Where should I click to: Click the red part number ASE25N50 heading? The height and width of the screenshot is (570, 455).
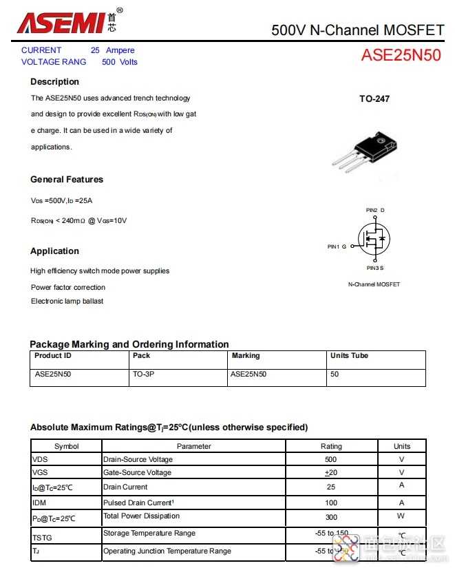tap(401, 56)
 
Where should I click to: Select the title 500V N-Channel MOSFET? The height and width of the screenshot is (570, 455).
tap(357, 30)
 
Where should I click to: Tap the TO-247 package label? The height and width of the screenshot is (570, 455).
tap(374, 99)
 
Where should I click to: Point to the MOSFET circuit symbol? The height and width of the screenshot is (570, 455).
tap(373, 239)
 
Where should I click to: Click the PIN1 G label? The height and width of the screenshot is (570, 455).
tap(337, 246)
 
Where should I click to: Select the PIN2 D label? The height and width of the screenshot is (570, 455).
tap(375, 210)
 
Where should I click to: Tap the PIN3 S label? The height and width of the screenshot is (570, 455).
tap(375, 267)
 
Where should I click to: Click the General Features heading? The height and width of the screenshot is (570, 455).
tap(67, 180)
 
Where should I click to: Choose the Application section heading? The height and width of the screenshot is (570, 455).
tap(54, 251)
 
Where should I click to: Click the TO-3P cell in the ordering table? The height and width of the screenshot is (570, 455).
tap(143, 374)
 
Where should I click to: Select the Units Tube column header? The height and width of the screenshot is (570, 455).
tap(349, 356)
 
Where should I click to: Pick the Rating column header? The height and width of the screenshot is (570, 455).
tap(331, 447)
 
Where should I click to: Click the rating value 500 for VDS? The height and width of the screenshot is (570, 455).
tap(331, 459)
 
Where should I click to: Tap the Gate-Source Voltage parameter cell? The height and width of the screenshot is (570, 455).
tap(137, 472)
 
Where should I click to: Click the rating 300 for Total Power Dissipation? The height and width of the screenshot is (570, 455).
tap(331, 516)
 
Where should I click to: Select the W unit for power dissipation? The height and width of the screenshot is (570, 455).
tap(401, 516)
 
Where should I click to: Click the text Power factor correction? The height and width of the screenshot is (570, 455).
tap(68, 287)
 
